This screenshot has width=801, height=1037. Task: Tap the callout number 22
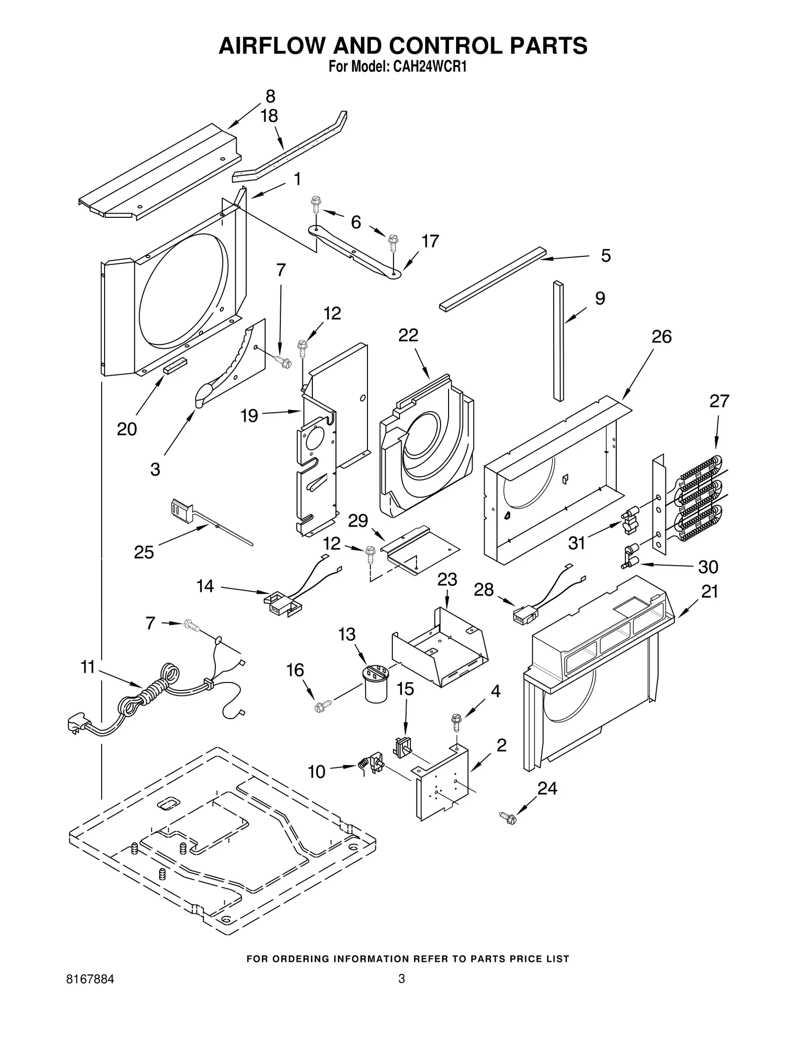(x=408, y=335)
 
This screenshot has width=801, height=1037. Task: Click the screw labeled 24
(x=508, y=818)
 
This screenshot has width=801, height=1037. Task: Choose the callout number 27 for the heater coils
(x=719, y=401)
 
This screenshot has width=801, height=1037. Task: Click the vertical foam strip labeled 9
(x=558, y=340)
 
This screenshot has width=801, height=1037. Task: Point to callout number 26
(x=661, y=337)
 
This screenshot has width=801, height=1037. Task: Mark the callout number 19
(x=249, y=415)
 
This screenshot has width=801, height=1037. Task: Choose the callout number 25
(x=144, y=552)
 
